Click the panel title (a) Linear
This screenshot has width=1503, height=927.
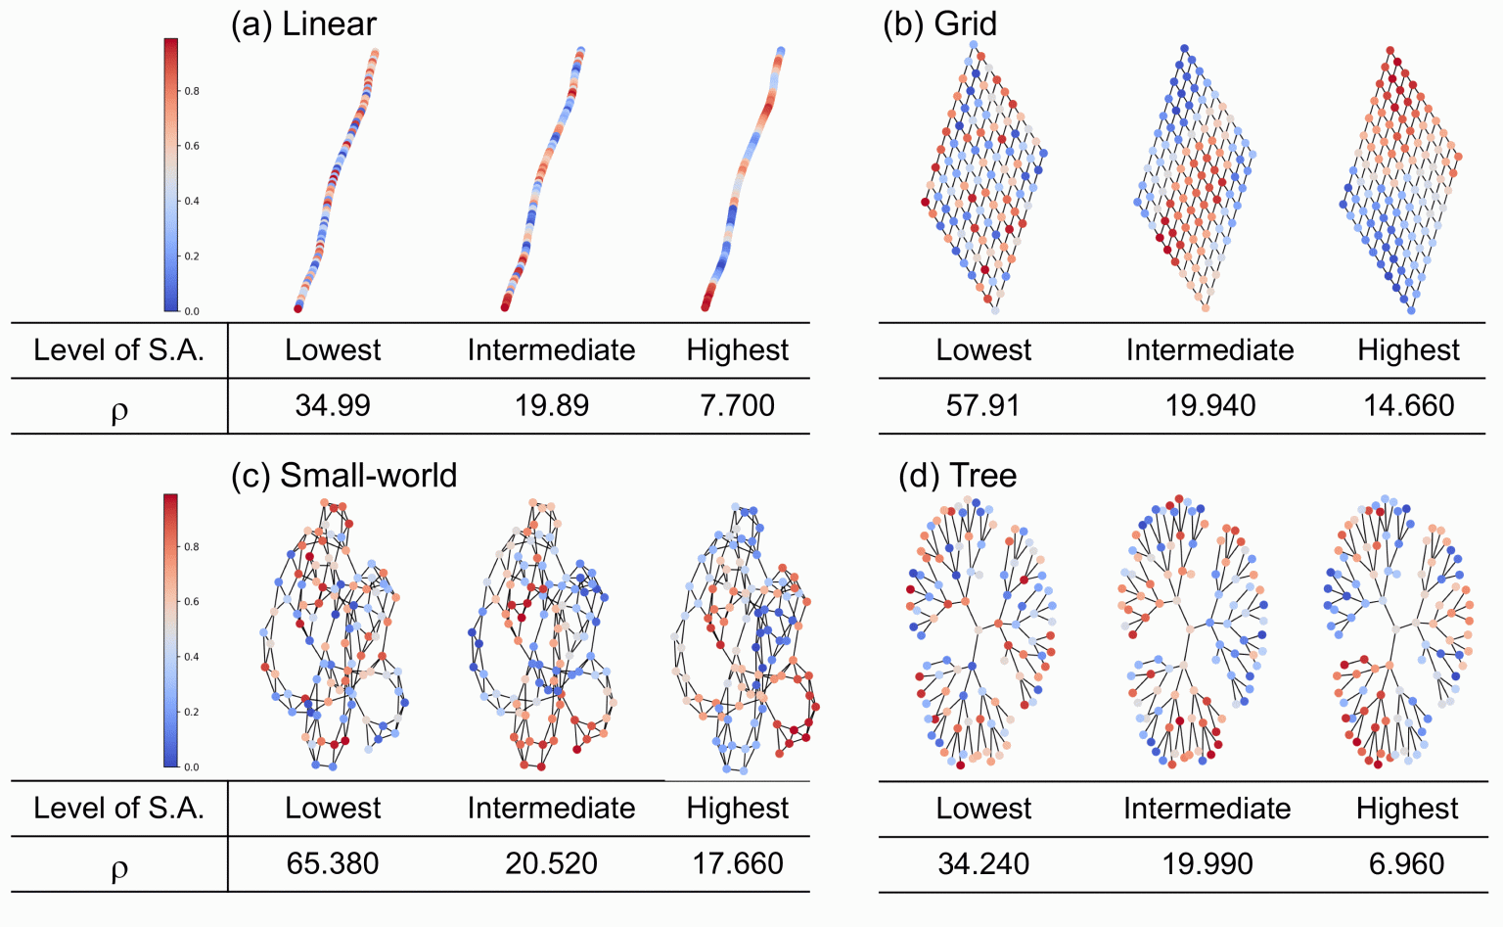coord(303,24)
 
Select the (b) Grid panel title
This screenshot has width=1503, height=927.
coord(939,24)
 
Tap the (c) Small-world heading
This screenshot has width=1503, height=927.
coord(343,476)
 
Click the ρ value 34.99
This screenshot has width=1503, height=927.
coord(333,405)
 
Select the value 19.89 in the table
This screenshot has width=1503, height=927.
coord(552,405)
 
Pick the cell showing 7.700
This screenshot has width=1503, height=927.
coord(737,405)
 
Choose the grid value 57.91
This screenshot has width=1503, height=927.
coord(982,405)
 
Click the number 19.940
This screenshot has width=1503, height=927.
coord(1210,405)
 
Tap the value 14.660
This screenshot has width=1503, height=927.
coord(1409,405)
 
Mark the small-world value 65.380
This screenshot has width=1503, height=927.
coord(333,863)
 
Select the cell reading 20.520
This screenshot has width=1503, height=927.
coord(552,863)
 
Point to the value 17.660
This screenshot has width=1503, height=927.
coord(738,863)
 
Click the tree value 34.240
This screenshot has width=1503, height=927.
coord(983,863)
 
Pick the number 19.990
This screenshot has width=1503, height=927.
coord(1207,863)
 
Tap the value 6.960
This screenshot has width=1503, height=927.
coord(1407,863)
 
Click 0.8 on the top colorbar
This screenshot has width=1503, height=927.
coord(193,91)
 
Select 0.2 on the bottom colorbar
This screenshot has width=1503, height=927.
coord(193,712)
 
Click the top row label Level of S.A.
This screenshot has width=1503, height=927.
coord(118,350)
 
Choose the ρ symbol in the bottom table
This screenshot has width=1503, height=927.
coord(119,868)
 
